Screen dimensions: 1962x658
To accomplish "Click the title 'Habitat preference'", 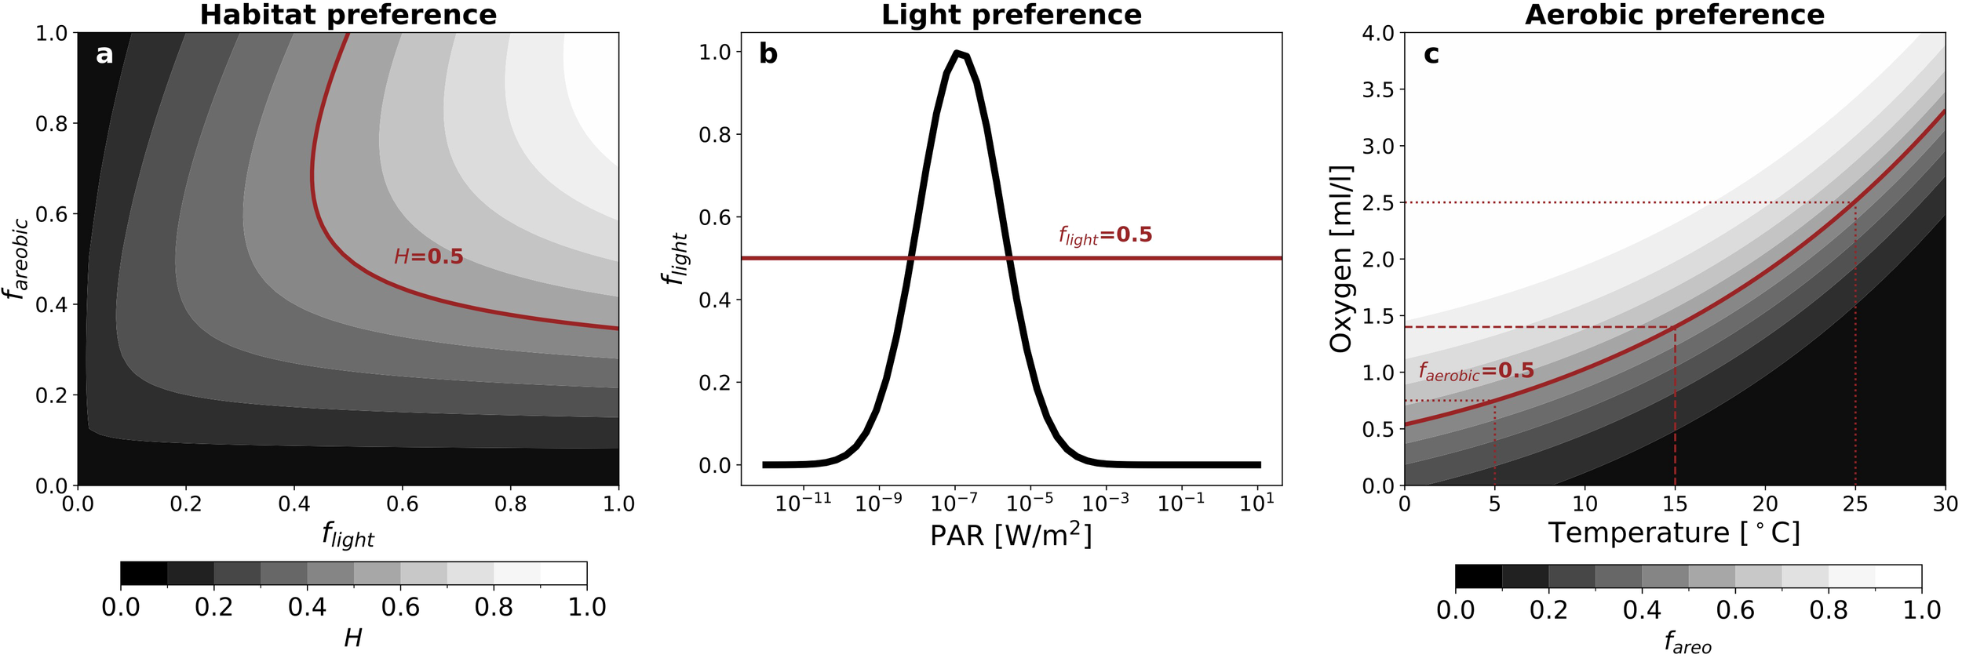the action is pos(348,15).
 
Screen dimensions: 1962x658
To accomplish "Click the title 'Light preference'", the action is pos(1011,15).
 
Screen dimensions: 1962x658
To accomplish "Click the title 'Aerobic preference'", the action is pos(1674,15).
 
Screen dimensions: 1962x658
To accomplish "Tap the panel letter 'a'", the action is pos(104,54).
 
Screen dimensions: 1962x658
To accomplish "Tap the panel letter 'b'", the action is pos(768,54).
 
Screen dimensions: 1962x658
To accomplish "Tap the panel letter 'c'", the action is pos(1431,54).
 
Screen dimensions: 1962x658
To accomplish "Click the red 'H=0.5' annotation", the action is pos(429,256).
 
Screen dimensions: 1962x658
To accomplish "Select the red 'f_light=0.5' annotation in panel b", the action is pos(1105,234).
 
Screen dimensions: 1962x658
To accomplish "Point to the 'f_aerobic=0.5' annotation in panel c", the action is pos(1475,371).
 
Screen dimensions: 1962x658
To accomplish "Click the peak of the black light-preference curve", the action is pos(957,53).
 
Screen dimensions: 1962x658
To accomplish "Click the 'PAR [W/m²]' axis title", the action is pos(1011,536).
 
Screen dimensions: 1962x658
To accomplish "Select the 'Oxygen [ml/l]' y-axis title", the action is pos(1341,259).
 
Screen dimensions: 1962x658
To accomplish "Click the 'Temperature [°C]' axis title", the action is pos(1674,533).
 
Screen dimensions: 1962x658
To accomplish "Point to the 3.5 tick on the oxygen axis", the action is pos(1378,89).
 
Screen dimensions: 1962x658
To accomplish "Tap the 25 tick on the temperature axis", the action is pos(1854,503).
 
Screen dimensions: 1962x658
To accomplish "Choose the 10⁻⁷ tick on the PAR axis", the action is pos(954,503).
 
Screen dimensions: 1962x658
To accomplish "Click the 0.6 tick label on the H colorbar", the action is pos(400,607).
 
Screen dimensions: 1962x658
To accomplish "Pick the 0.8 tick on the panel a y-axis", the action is pos(52,123).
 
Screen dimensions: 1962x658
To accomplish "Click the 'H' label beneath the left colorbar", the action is pos(353,638).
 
